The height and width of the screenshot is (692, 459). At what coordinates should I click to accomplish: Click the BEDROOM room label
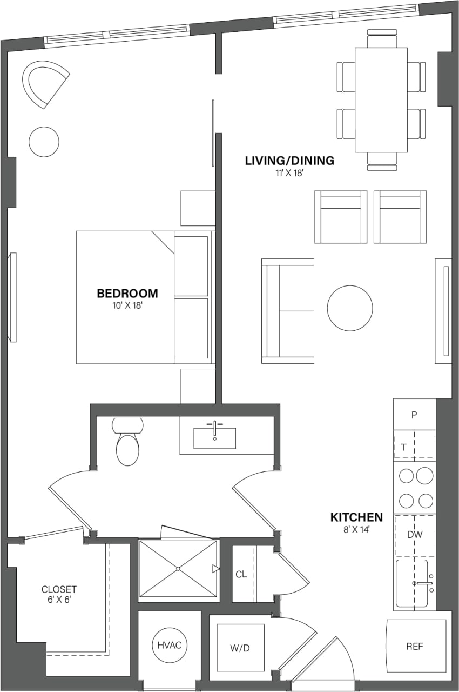click(x=127, y=294)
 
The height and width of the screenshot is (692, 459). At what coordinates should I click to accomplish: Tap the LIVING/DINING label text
click(x=289, y=161)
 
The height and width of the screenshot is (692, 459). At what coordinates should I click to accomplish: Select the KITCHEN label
click(x=356, y=517)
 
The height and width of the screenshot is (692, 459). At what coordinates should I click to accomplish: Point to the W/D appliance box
click(x=240, y=648)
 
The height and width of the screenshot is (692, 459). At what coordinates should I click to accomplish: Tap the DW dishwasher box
click(x=414, y=535)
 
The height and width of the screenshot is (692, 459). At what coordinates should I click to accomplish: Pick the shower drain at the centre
click(x=178, y=569)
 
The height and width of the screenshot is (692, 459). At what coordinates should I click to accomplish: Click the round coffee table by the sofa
click(x=350, y=308)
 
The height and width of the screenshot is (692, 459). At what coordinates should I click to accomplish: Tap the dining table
click(x=381, y=100)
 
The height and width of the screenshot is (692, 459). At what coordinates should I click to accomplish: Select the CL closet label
click(x=241, y=574)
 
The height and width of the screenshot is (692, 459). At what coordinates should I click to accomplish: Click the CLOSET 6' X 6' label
click(x=59, y=594)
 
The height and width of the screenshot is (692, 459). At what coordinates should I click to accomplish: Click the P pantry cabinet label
click(x=414, y=415)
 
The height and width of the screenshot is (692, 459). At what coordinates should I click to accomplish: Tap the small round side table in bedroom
click(x=44, y=142)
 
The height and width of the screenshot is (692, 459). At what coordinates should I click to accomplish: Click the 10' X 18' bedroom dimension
click(x=127, y=305)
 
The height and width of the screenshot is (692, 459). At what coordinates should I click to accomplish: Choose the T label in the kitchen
click(x=403, y=447)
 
